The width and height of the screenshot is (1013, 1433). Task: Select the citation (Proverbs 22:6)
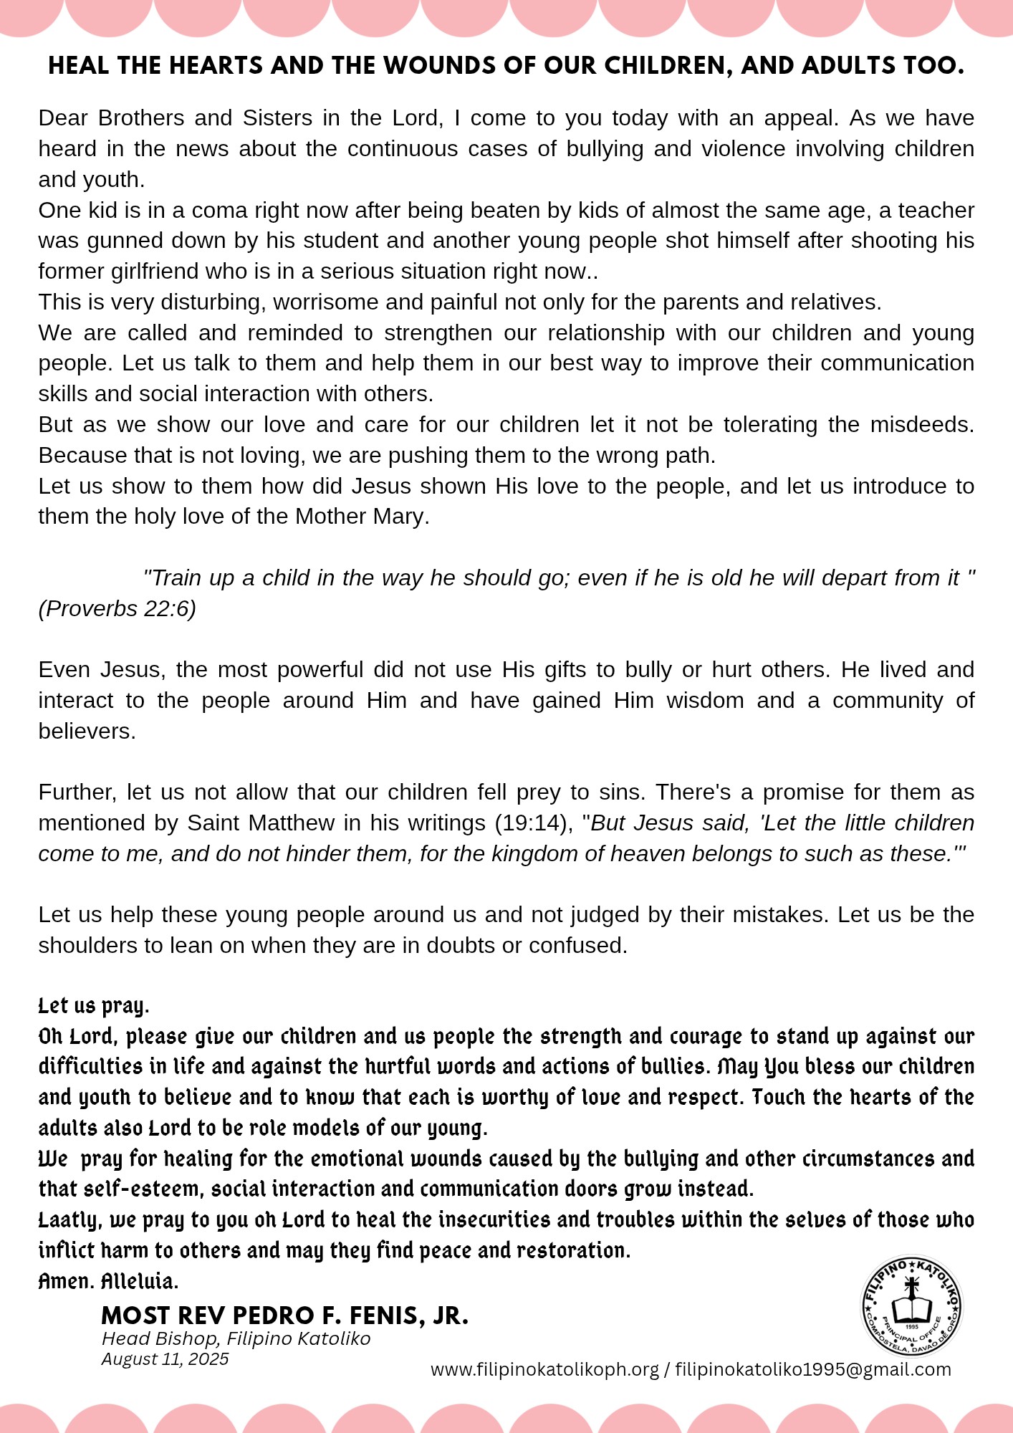click(x=117, y=608)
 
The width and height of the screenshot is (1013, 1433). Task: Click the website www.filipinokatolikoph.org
click(x=544, y=1369)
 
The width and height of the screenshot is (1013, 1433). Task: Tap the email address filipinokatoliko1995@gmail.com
click(x=813, y=1369)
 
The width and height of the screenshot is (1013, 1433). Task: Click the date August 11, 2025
click(x=165, y=1359)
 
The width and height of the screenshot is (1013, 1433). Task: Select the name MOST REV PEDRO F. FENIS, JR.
click(x=284, y=1315)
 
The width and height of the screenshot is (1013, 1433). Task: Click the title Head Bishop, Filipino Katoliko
click(x=236, y=1338)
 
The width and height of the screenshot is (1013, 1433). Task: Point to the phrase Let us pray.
click(x=93, y=1006)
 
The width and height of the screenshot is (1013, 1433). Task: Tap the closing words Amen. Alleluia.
click(x=108, y=1281)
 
